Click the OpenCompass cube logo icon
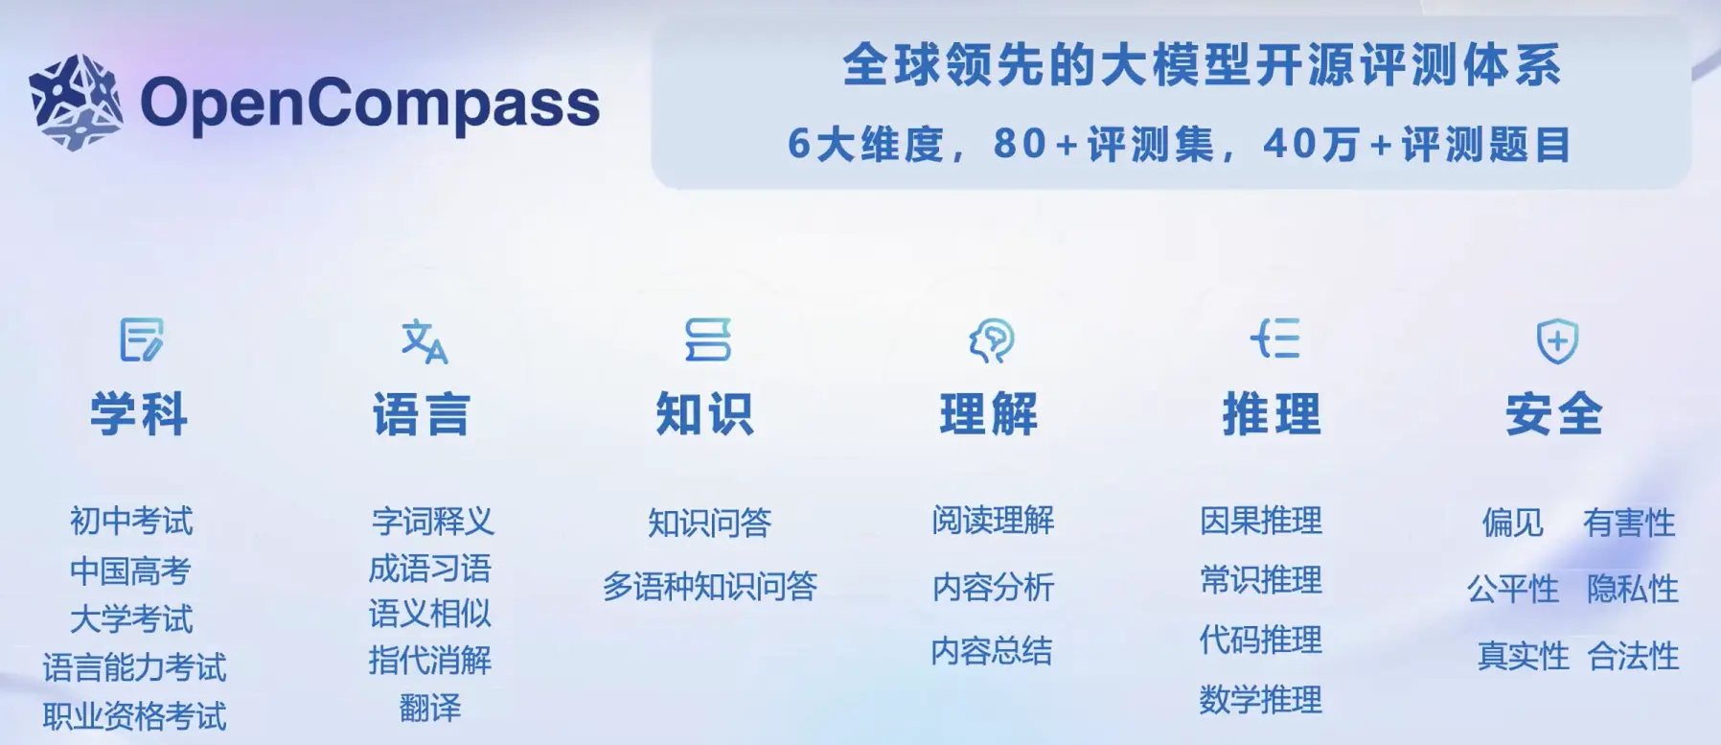tap(76, 103)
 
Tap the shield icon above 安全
tap(1557, 340)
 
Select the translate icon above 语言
tap(425, 341)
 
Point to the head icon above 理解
tap(991, 340)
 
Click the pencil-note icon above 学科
tap(142, 340)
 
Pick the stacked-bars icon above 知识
tap(708, 340)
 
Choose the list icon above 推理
tap(1274, 339)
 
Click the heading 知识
tap(705, 415)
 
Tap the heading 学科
tap(139, 415)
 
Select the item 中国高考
tap(130, 571)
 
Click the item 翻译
tap(430, 709)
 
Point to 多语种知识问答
tap(710, 586)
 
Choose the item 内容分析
tap(993, 587)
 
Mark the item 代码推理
tap(1261, 640)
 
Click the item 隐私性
tap(1633, 589)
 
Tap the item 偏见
tap(1513, 523)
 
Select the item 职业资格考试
tap(134, 716)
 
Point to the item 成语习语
tap(430, 569)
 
